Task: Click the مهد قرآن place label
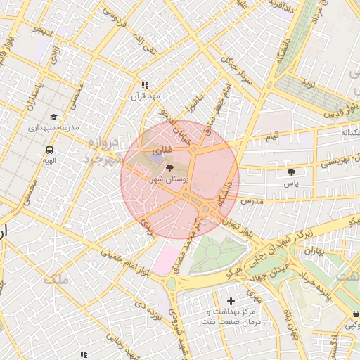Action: [148, 95]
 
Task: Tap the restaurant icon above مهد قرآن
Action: [146, 84]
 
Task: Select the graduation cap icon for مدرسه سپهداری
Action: [53, 117]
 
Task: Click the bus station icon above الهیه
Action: [50, 150]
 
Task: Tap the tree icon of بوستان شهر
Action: [169, 168]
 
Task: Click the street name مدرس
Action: [250, 201]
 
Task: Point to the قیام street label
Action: [271, 134]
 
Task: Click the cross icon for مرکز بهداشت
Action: [231, 301]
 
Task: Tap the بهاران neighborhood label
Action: [315, 250]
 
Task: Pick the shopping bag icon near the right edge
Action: [355, 314]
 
